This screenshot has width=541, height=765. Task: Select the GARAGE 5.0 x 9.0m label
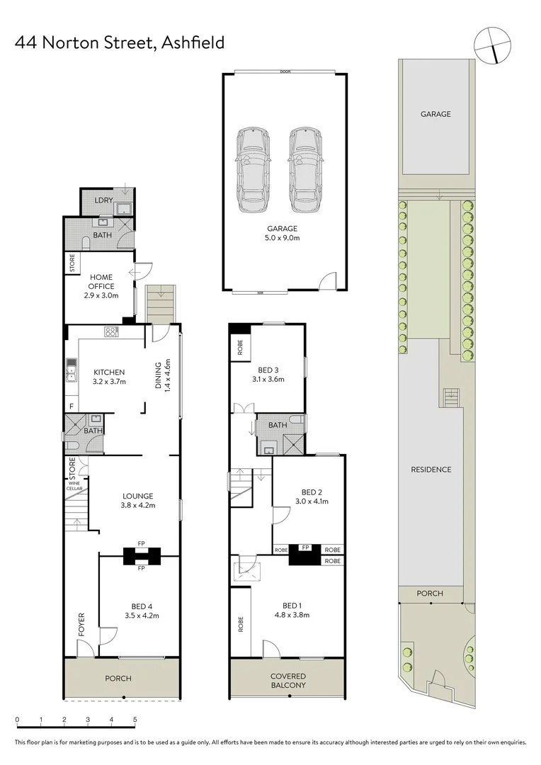pos(283,233)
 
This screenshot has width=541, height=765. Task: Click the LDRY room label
pos(103,201)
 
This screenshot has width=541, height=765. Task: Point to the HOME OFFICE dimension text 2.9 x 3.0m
pos(102,295)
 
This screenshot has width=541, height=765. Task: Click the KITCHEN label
pos(109,373)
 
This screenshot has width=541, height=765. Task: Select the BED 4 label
pos(141,606)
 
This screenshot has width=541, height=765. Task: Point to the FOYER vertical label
pos(81,624)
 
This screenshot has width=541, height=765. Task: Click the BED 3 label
pos(266,369)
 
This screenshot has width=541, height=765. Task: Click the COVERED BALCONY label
pos(287,681)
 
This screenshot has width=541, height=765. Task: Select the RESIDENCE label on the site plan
pos(431,470)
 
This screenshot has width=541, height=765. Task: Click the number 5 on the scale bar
pos(135,720)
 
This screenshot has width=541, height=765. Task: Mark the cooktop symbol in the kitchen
pos(112,331)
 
